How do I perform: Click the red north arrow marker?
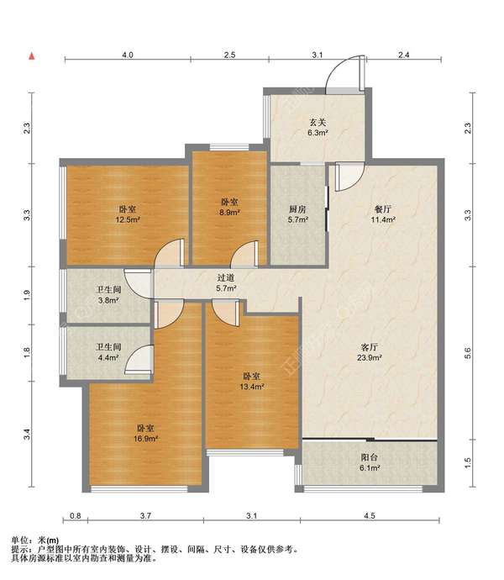(32, 56)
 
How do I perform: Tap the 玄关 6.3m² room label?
(318, 127)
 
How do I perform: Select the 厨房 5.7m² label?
(298, 214)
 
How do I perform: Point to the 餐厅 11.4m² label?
(383, 214)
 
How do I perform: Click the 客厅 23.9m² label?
(369, 352)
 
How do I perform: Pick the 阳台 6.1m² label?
(370, 462)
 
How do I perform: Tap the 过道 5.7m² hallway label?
(226, 282)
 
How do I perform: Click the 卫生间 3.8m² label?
(108, 295)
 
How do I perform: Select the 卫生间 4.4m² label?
(108, 352)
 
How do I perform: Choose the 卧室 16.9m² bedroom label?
(145, 434)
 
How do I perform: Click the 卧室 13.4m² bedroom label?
(251, 382)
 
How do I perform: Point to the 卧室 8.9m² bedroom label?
(229, 207)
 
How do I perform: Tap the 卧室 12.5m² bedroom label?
(127, 214)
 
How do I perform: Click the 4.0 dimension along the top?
(128, 55)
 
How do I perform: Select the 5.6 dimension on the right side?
(468, 353)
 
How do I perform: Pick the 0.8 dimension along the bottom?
(75, 515)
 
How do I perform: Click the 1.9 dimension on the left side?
(27, 295)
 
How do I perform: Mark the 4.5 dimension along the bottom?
(370, 515)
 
